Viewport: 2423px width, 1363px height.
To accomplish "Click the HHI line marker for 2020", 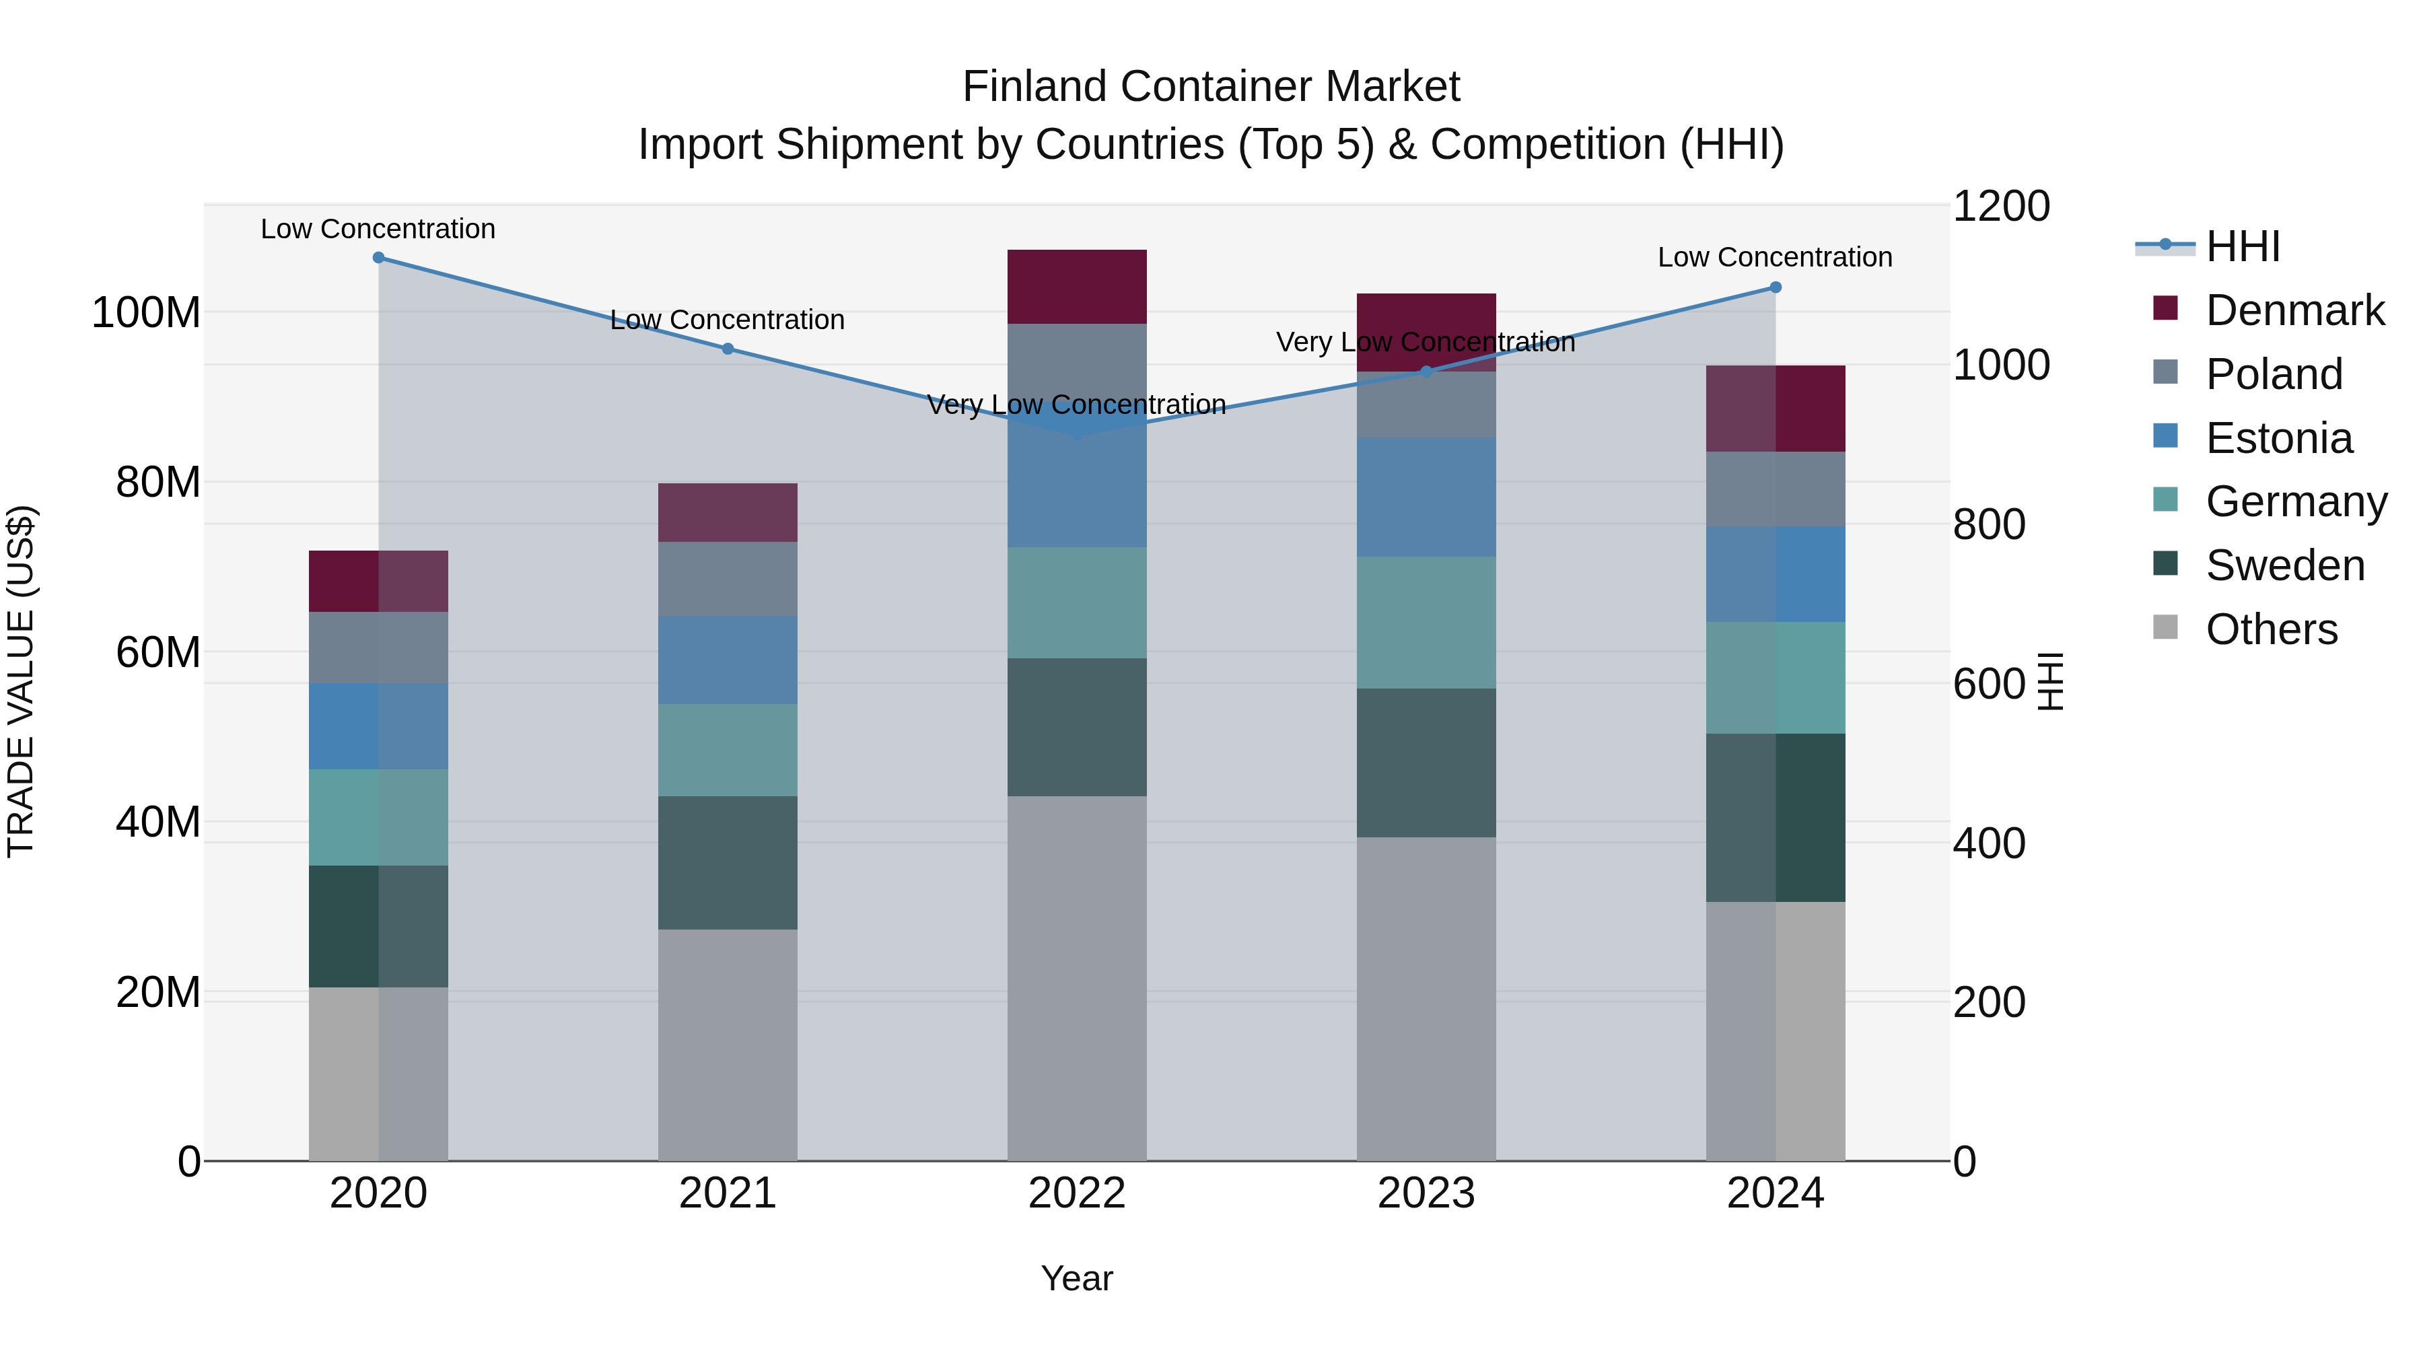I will pyautogui.click(x=378, y=258).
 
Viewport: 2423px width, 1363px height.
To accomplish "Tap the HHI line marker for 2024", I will pyautogui.click(x=1775, y=287).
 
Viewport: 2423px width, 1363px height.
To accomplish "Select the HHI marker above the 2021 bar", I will pyautogui.click(x=727, y=349).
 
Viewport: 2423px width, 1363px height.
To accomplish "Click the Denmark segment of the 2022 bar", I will pyautogui.click(x=1076, y=287).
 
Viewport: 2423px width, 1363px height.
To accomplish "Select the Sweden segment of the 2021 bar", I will pyautogui.click(x=727, y=863).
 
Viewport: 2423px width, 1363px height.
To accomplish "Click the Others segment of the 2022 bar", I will pyautogui.click(x=1076, y=978).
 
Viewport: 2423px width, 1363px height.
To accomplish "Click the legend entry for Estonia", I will pyautogui.click(x=2278, y=438).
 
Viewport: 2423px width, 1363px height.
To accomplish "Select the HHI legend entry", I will pyautogui.click(x=2241, y=246).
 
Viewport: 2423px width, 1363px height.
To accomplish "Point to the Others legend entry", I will pyautogui.click(x=2271, y=629).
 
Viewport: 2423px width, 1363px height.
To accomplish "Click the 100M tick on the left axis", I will pyautogui.click(x=146, y=312).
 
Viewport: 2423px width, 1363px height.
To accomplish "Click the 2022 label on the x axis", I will pyautogui.click(x=1076, y=1193).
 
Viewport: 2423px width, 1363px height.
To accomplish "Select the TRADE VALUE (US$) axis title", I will pyautogui.click(x=21, y=681).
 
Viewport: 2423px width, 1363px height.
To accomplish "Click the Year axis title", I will pyautogui.click(x=1076, y=1278).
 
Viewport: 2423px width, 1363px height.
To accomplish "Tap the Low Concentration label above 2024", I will pyautogui.click(x=1774, y=257).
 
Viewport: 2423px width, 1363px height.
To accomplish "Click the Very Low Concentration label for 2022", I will pyautogui.click(x=1076, y=405).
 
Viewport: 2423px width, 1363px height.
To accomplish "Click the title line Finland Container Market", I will pyautogui.click(x=1211, y=87).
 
